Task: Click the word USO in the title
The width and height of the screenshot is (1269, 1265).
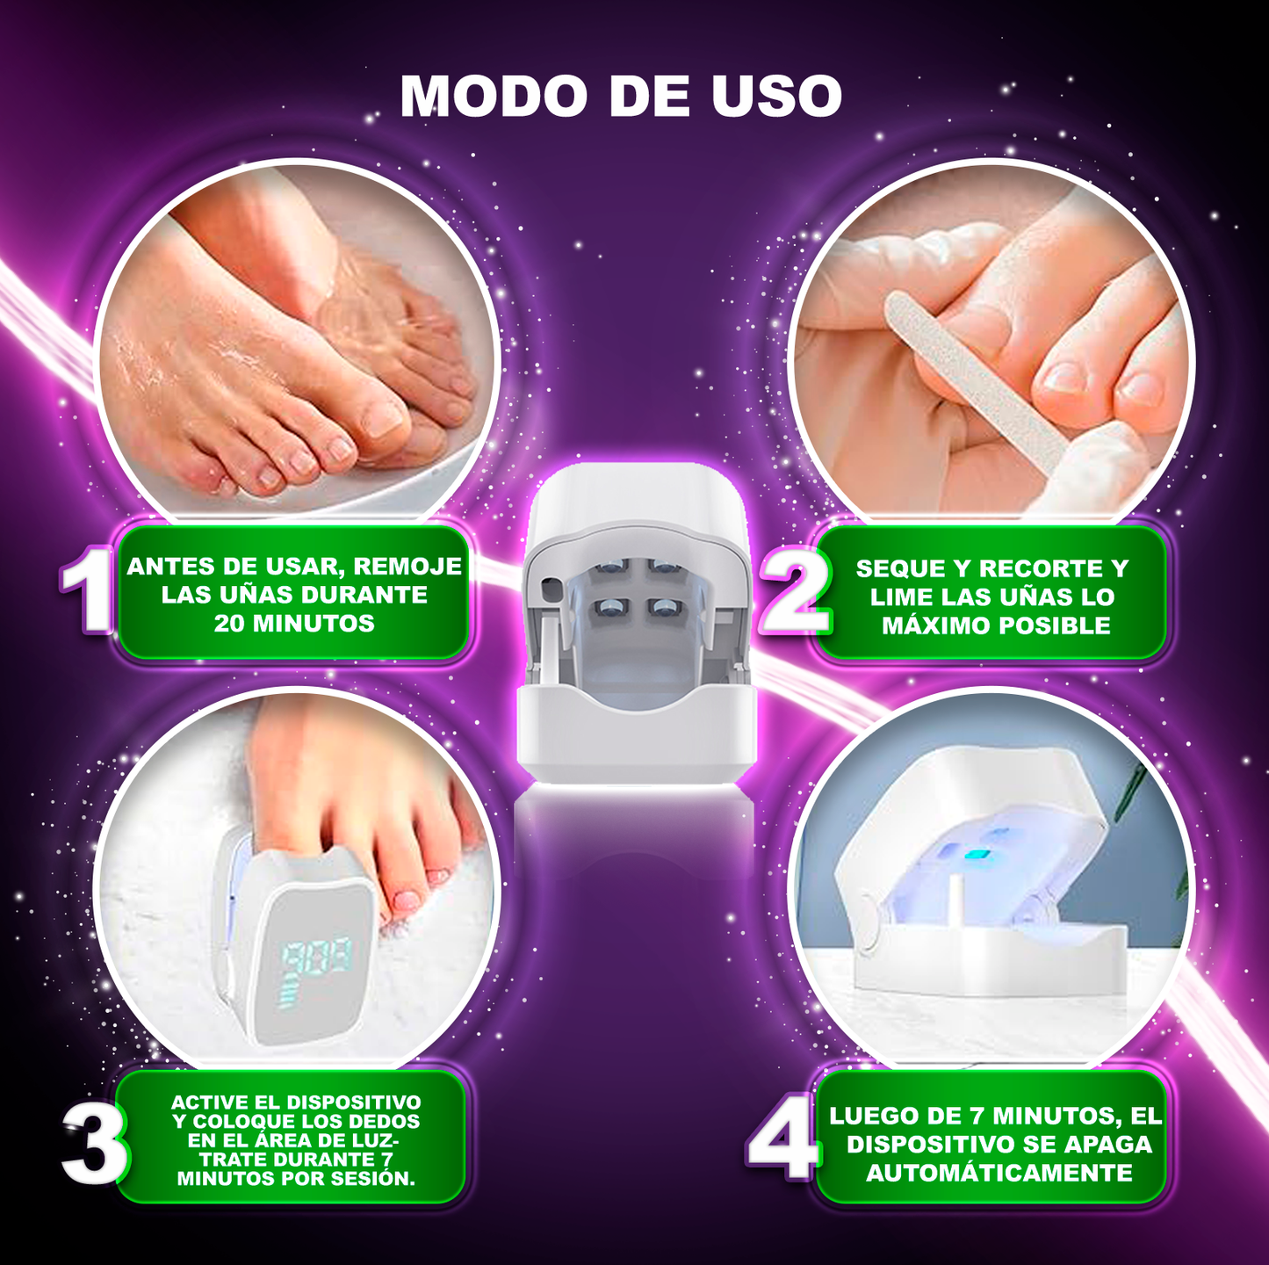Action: [776, 96]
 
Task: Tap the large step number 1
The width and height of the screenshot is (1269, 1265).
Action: [87, 589]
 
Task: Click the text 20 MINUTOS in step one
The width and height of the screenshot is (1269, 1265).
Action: [294, 623]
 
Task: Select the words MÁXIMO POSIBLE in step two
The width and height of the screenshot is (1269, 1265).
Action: [996, 625]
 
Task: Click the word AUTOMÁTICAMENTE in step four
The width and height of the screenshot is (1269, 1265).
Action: [999, 1173]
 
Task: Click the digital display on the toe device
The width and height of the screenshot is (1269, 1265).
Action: [316, 958]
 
